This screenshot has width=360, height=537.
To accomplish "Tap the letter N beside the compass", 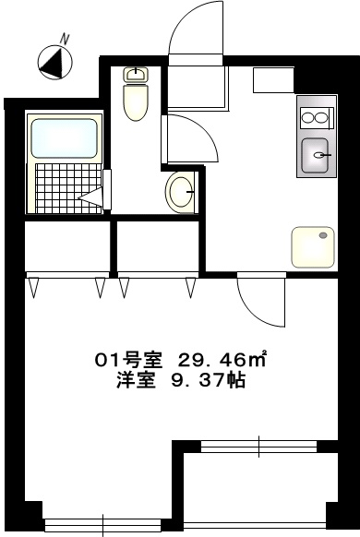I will click(x=66, y=38).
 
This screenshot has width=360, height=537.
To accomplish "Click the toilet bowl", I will click(x=136, y=101).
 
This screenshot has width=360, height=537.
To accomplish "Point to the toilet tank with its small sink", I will click(x=136, y=75).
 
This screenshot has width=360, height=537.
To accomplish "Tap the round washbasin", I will click(x=180, y=192).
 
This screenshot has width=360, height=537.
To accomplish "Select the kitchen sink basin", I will click(x=318, y=154).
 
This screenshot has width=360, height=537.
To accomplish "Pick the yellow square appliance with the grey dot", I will click(x=314, y=245).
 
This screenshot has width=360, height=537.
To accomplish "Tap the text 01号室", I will click(x=133, y=360).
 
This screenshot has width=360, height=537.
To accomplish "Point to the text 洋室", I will click(x=133, y=380).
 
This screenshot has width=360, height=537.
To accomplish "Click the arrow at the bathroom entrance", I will click(x=92, y=196).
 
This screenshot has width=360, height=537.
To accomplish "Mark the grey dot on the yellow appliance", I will click(x=324, y=235).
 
